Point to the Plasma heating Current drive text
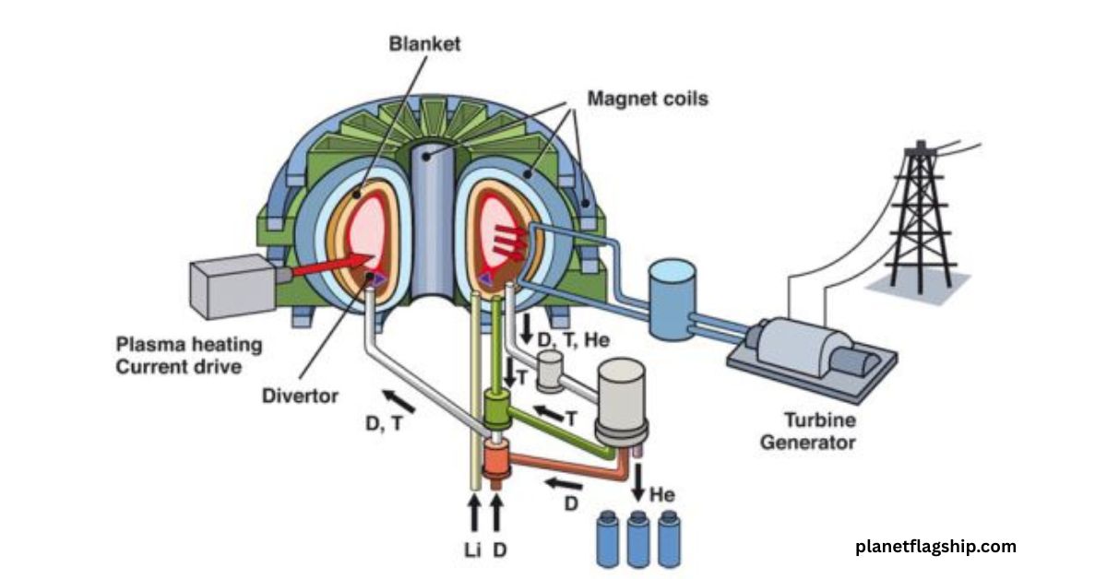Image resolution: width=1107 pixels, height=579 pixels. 188,356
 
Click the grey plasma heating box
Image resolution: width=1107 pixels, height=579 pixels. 231,287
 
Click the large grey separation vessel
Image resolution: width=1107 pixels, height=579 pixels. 623,396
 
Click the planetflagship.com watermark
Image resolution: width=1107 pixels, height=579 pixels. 935,546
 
